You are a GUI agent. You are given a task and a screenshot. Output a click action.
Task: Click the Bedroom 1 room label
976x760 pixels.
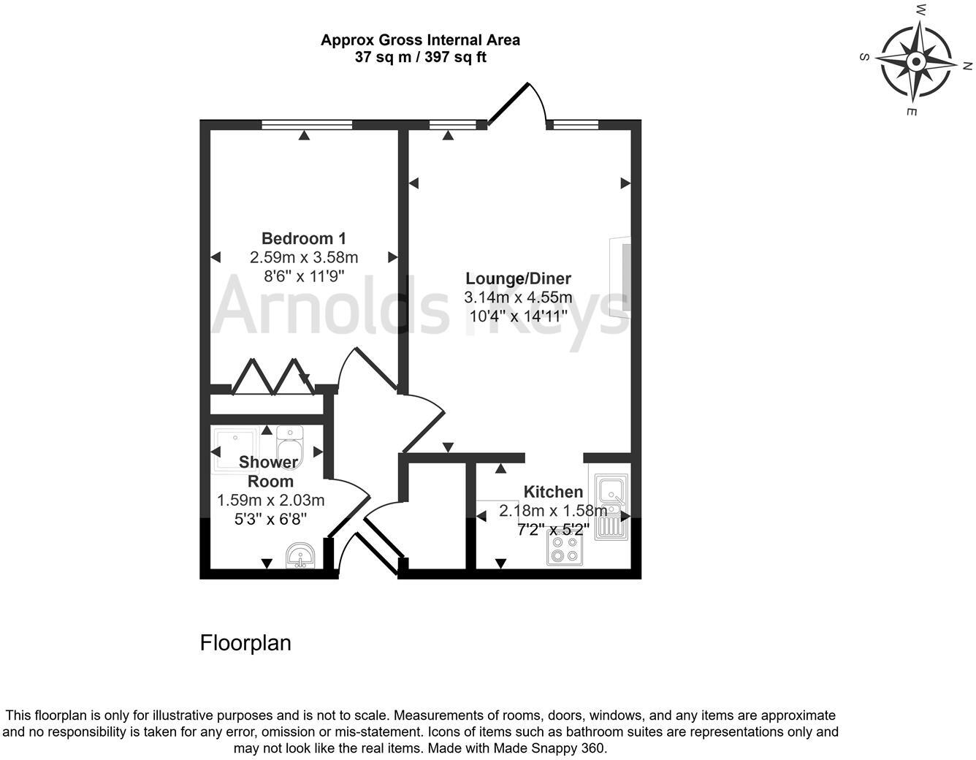click(304, 238)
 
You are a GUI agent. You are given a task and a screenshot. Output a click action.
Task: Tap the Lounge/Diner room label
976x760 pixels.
click(518, 278)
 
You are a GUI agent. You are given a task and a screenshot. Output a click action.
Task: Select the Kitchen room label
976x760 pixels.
click(553, 492)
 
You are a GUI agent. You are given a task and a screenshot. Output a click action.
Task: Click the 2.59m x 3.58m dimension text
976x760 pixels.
click(304, 257)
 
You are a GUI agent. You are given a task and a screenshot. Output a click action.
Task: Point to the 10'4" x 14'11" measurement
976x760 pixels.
click(518, 316)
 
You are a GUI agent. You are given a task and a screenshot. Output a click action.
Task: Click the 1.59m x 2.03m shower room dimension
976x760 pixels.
click(270, 501)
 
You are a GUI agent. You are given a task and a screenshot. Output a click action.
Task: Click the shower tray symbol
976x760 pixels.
click(235, 452)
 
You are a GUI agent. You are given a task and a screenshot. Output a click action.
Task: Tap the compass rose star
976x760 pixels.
click(915, 61)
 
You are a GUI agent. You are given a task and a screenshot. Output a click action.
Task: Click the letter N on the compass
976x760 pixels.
click(967, 66)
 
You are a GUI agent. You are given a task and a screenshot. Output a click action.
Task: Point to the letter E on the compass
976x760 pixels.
click(911, 111)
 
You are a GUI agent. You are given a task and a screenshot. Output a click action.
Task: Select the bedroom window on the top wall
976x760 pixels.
click(307, 124)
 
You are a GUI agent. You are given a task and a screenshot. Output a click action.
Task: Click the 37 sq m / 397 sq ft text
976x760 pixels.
click(420, 57)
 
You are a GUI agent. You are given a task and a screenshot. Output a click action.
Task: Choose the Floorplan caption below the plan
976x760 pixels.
click(245, 643)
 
